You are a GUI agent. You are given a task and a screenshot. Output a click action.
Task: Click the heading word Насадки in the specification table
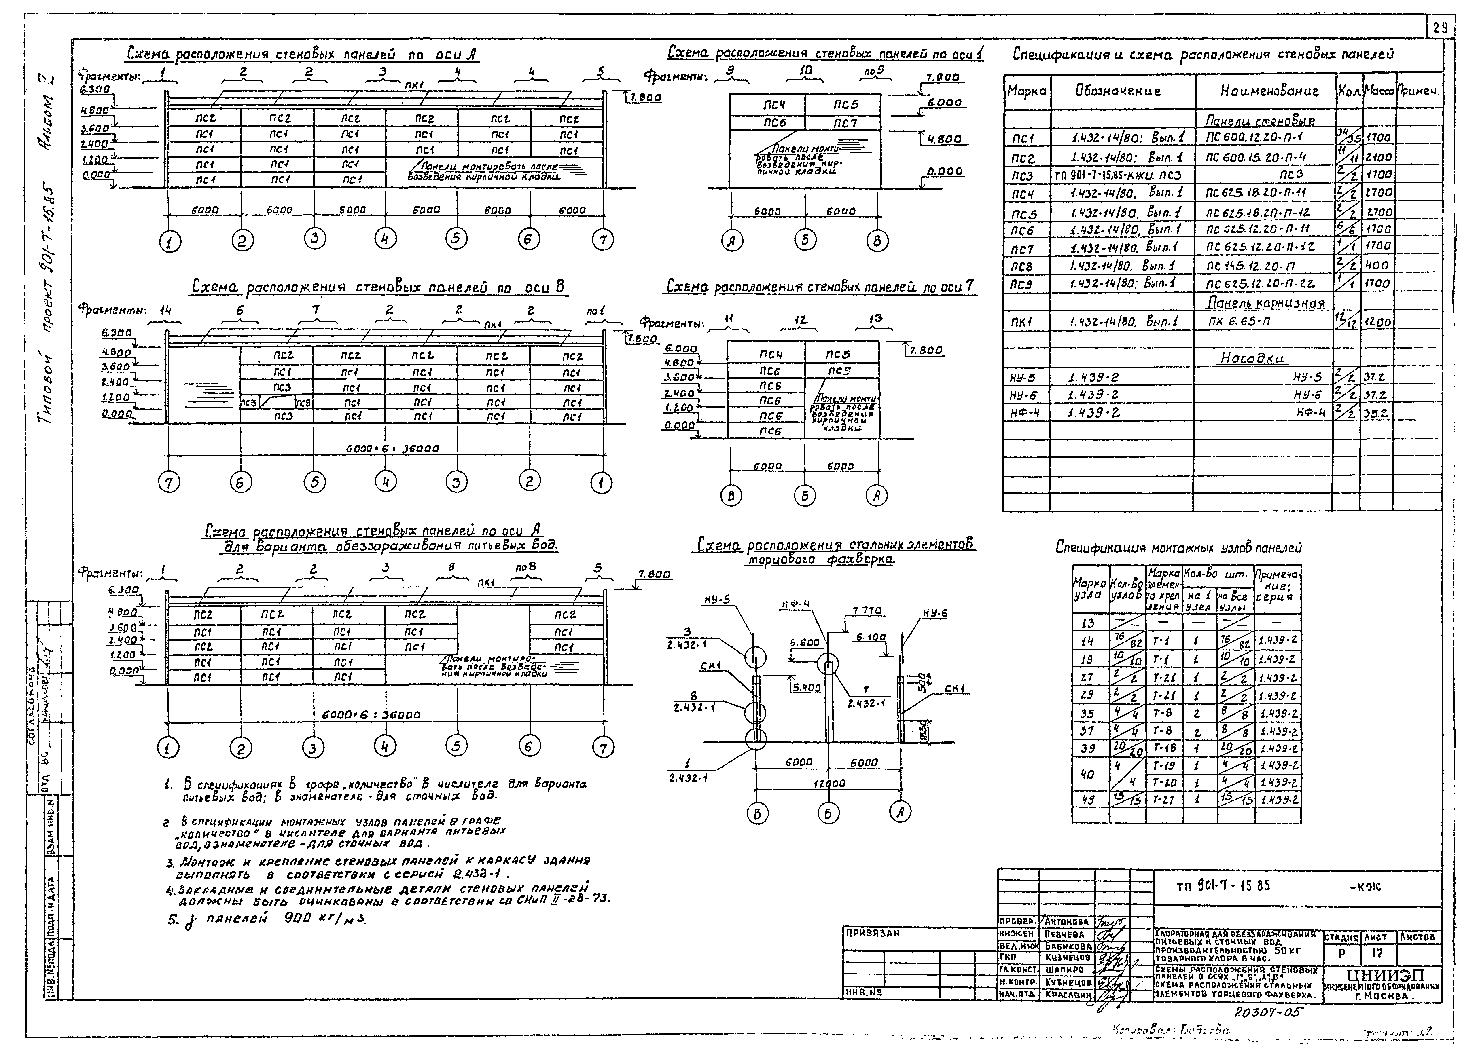[x=1252, y=358]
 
